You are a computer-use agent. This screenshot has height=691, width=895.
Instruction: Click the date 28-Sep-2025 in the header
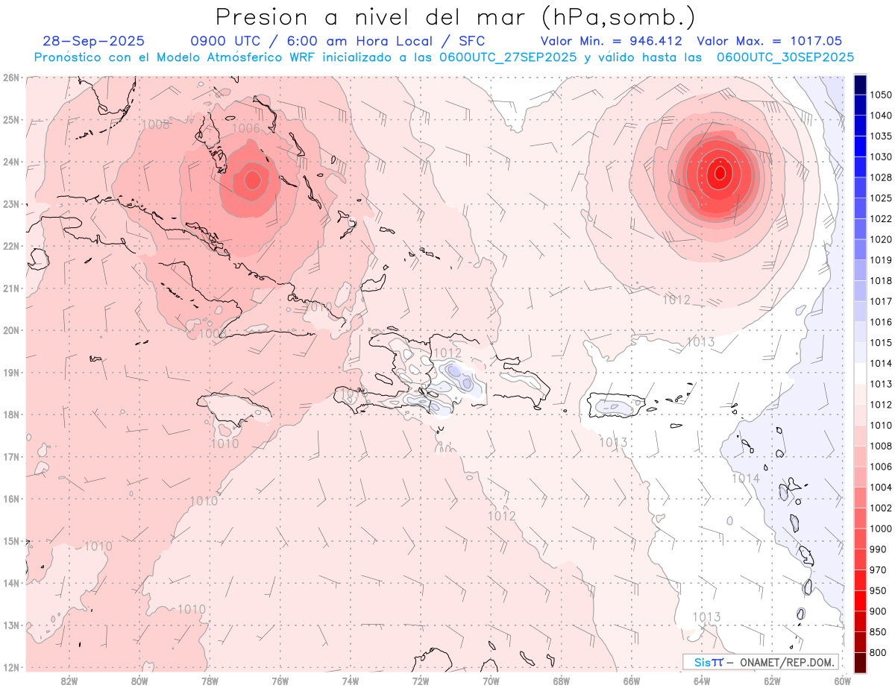click(94, 41)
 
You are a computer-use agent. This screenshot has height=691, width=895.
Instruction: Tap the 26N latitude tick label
click(10, 78)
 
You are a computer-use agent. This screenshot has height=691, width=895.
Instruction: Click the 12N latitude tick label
click(10, 667)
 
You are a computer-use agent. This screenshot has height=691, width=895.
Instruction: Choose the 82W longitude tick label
click(69, 681)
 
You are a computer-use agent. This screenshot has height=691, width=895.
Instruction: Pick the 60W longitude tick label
click(842, 681)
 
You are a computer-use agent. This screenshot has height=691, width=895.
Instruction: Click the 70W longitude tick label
click(491, 681)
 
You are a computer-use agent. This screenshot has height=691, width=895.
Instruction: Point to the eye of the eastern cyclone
click(720, 173)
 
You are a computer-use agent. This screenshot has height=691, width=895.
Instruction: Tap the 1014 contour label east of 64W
click(745, 479)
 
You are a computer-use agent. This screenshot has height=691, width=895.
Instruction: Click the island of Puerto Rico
click(616, 406)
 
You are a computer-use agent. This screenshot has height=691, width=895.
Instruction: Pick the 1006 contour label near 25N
click(246, 128)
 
